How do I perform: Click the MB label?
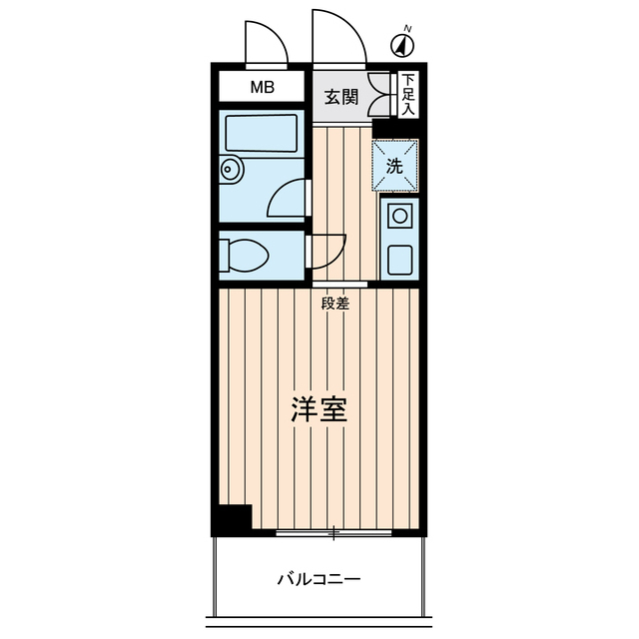point(262,88)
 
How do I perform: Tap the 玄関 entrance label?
point(341,97)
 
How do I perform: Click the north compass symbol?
point(402,45)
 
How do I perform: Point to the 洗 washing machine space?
point(395,167)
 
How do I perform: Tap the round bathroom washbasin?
point(231,170)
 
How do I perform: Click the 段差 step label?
point(335,304)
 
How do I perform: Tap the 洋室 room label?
point(319,410)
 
